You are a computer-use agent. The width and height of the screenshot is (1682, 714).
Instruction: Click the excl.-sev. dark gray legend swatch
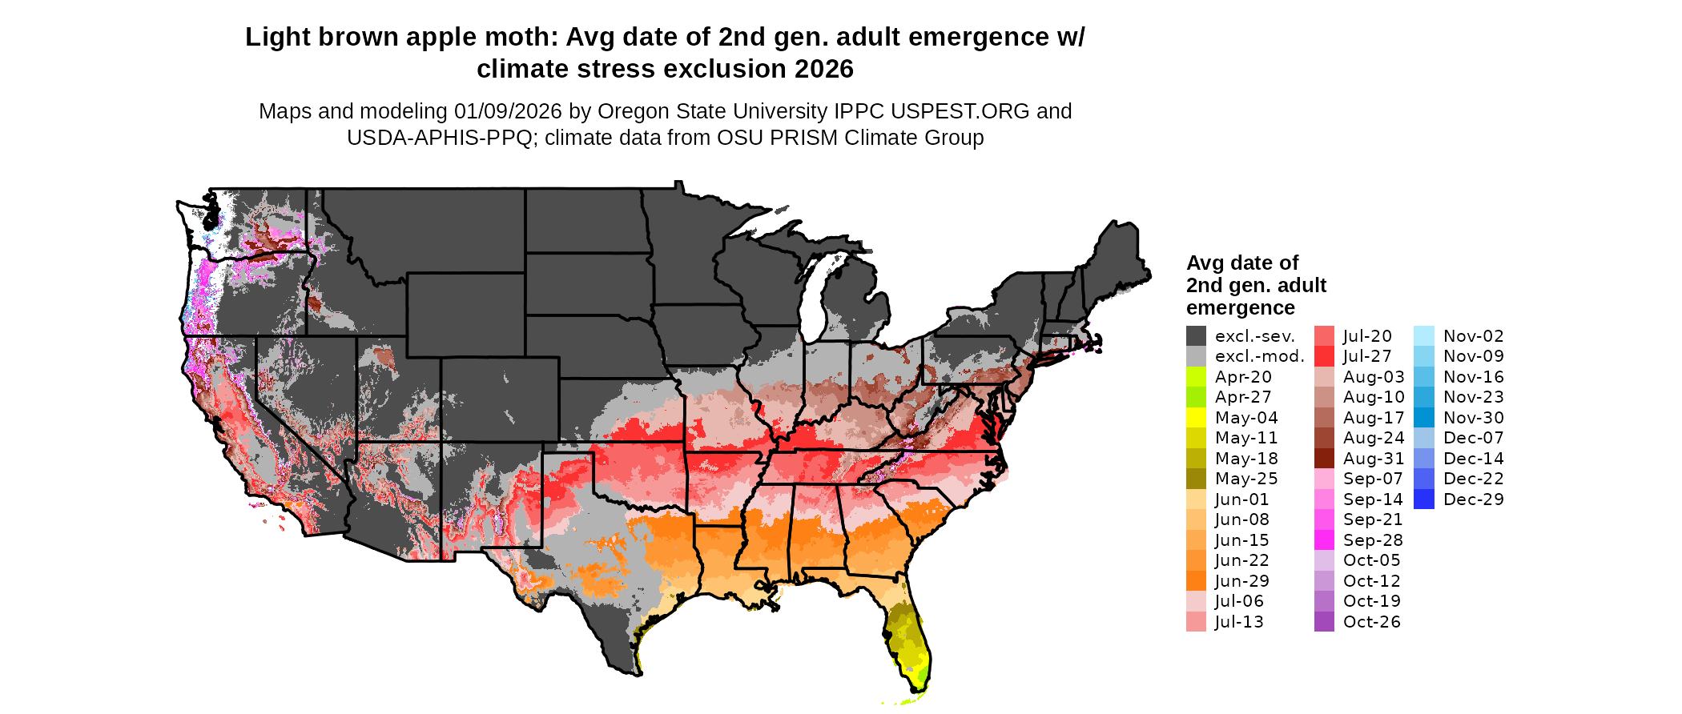(x=1196, y=336)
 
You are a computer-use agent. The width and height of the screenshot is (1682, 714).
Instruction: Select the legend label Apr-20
(x=1243, y=377)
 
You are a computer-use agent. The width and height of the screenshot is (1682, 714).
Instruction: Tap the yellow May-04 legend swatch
(x=1196, y=418)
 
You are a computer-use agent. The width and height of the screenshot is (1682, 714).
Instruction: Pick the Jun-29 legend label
(x=1241, y=581)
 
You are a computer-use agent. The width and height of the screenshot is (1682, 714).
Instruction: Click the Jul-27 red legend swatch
(x=1324, y=356)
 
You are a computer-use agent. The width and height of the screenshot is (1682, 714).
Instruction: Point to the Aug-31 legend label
(x=1374, y=459)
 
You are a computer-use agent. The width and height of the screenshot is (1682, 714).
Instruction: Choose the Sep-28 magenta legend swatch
(x=1324, y=540)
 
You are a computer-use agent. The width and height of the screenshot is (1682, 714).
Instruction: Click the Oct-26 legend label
(x=1372, y=622)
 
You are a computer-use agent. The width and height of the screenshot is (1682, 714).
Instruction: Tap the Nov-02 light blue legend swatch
(x=1424, y=336)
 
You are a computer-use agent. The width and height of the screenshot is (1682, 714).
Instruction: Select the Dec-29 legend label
(x=1474, y=499)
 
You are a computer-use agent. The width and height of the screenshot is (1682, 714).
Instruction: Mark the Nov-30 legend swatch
(x=1424, y=418)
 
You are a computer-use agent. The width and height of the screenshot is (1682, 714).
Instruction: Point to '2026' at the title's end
(x=824, y=70)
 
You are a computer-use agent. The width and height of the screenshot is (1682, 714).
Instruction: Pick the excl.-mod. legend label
(x=1259, y=356)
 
